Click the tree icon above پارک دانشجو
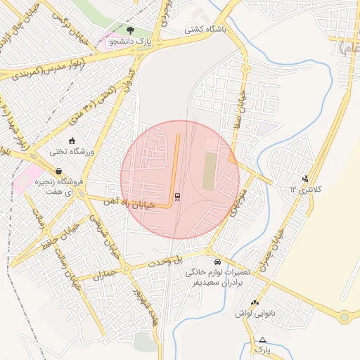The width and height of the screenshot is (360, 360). coord(130,30)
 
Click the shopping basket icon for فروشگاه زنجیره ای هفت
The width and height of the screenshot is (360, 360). coord(58,170)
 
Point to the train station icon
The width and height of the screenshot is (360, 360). coord(176,196)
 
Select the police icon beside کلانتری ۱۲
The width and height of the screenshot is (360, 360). coord(304,179)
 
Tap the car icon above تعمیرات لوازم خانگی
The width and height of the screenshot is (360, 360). coord(216,261)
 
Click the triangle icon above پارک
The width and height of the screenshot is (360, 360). coord(262,340)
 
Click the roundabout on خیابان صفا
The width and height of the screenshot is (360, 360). coord(245,69)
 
